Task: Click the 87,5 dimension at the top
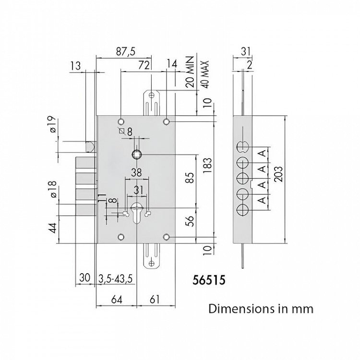[x=126, y=51]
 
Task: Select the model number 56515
[x=209, y=280]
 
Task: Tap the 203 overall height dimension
[x=278, y=174]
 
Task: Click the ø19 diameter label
[x=53, y=124]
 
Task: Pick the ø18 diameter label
[x=53, y=189]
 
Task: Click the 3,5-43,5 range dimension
[x=116, y=278]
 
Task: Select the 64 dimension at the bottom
[x=117, y=300]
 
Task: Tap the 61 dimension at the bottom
[x=154, y=300]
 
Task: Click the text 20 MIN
[x=190, y=72]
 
